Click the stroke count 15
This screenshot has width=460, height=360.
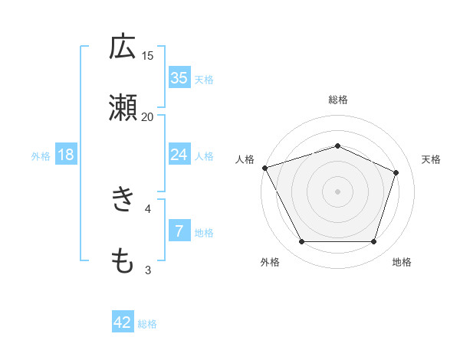point(148,55)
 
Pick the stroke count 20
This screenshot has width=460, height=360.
point(148,116)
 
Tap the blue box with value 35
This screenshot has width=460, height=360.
point(179,78)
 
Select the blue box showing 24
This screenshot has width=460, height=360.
point(179,155)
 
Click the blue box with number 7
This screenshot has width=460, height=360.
point(179,231)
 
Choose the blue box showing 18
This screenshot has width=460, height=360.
point(66,155)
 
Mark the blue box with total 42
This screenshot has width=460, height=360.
point(123,323)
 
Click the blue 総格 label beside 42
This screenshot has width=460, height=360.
point(147,324)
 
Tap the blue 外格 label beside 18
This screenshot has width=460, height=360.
point(41,155)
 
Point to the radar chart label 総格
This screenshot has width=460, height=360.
point(338,100)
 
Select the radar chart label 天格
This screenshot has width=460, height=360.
point(431,159)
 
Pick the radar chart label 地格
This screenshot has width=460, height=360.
point(402,262)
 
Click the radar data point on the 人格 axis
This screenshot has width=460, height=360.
point(264,168)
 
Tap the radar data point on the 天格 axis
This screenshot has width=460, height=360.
point(396,172)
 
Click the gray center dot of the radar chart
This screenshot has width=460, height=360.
point(338,191)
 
